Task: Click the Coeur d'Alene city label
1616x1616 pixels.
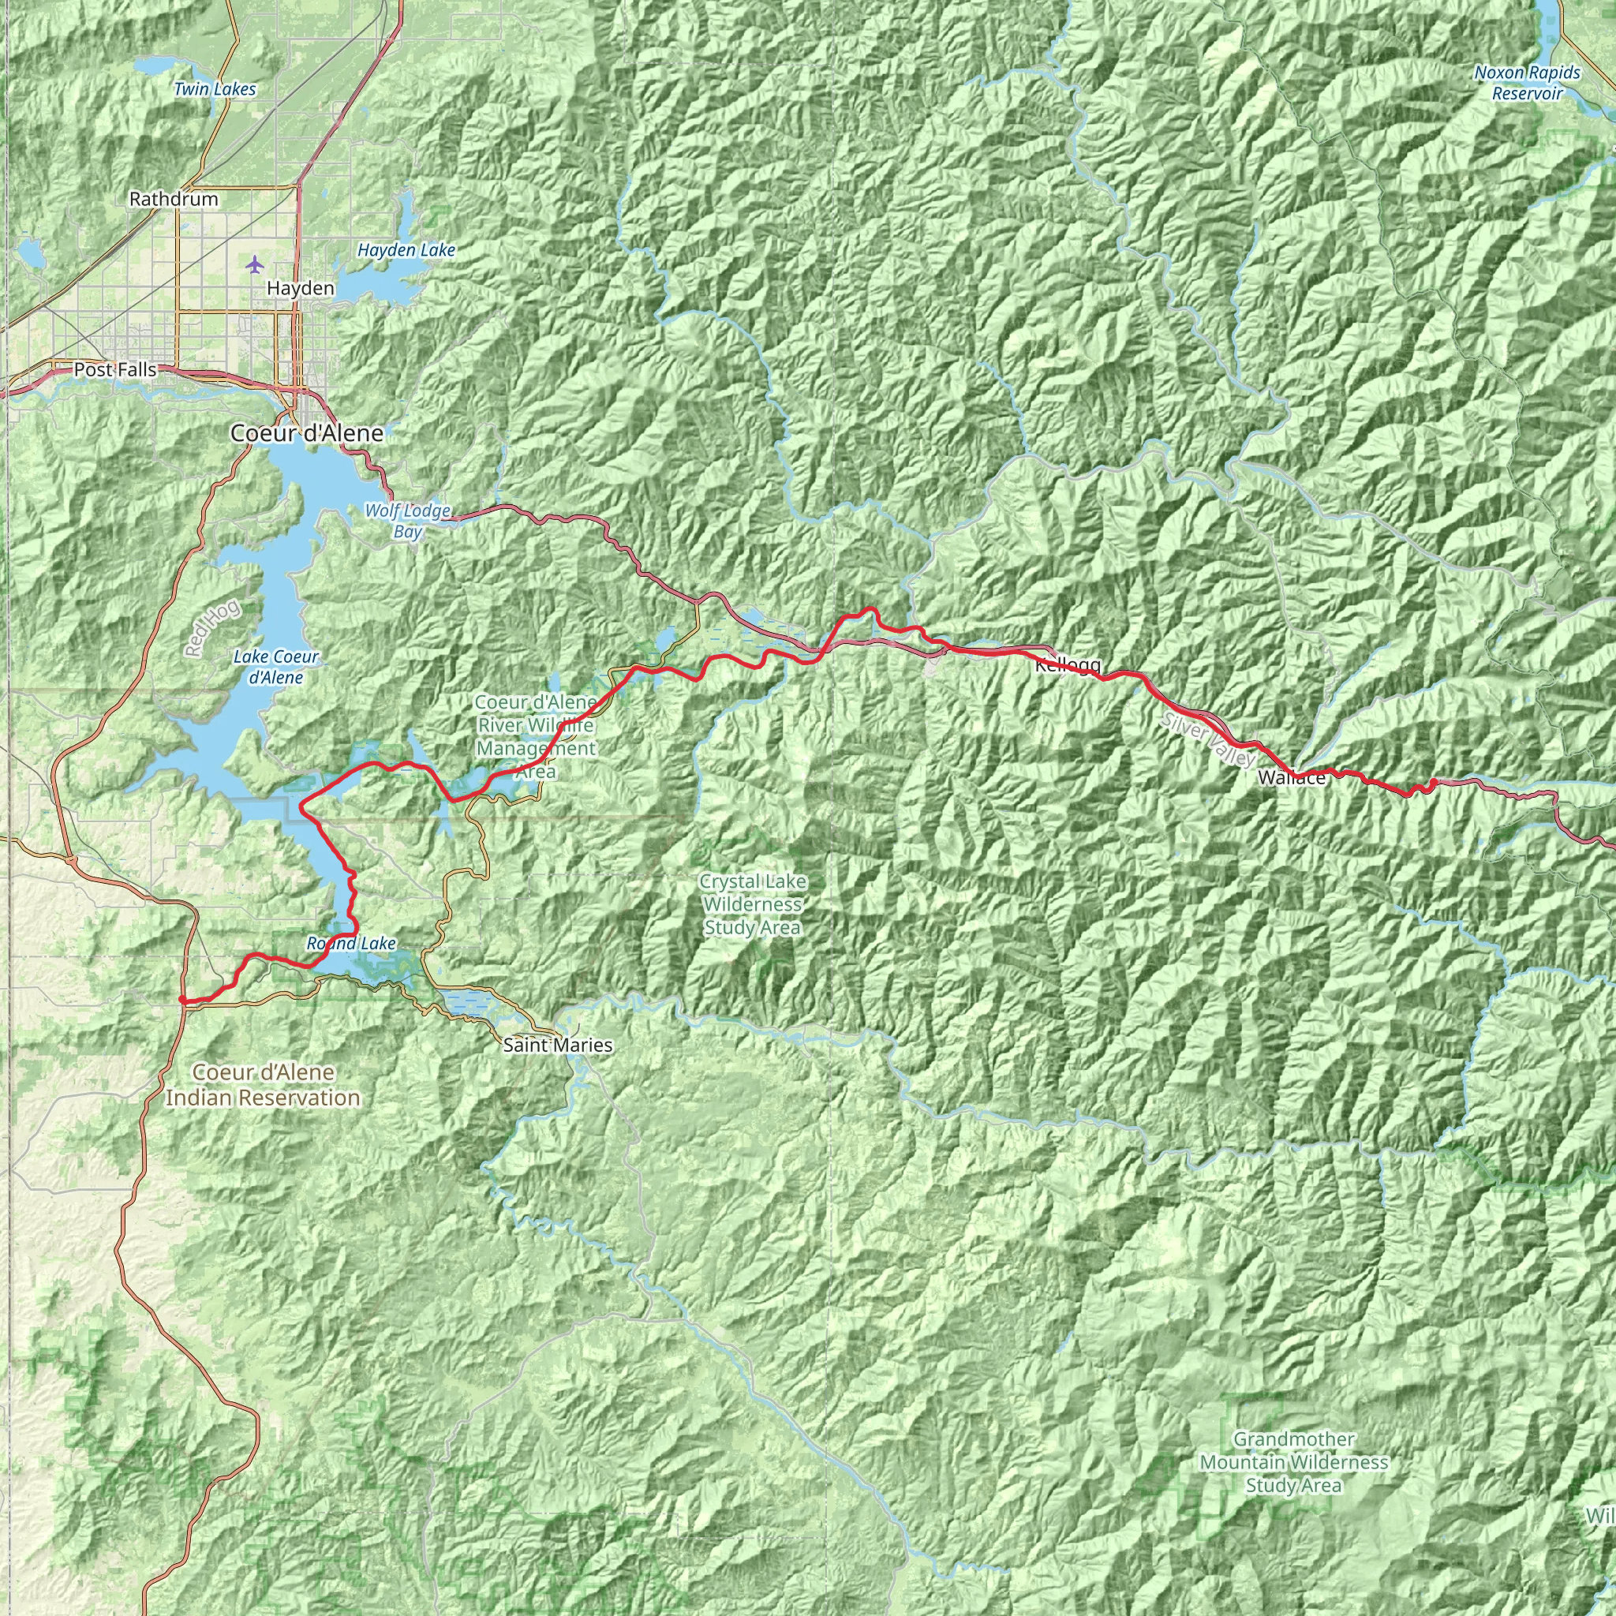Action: (307, 433)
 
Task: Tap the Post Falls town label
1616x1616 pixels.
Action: (114, 370)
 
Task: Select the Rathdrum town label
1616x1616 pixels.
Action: (173, 199)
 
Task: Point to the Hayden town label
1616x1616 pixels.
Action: (301, 289)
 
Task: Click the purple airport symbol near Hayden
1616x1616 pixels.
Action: (255, 265)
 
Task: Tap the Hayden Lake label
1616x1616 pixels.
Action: (406, 250)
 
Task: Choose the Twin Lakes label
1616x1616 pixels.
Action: (215, 89)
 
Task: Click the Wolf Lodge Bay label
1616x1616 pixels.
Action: (407, 520)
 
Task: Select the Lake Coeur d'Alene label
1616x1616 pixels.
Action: (276, 667)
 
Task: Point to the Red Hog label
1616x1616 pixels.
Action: (212, 627)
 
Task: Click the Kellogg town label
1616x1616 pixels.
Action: (1068, 665)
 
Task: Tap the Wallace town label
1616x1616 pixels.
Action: (1292, 778)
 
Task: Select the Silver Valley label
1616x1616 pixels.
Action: (1207, 740)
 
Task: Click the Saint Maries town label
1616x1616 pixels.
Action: (558, 1045)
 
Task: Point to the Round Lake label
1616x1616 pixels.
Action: (351, 944)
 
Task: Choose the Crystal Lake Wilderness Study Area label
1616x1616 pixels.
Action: (752, 904)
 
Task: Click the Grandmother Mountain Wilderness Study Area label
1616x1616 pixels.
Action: (1293, 1462)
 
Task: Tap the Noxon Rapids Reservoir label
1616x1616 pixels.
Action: (1528, 83)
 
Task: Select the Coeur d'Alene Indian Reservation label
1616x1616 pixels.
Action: (263, 1085)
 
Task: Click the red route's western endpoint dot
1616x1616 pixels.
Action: (182, 999)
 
